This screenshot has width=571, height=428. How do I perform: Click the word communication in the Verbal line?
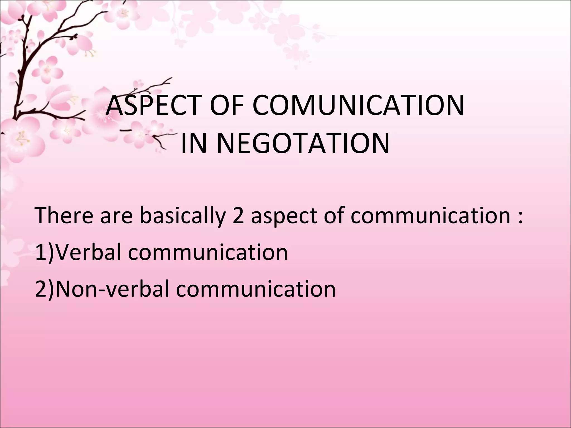pos(208,252)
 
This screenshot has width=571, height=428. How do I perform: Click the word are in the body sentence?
pos(116,216)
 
